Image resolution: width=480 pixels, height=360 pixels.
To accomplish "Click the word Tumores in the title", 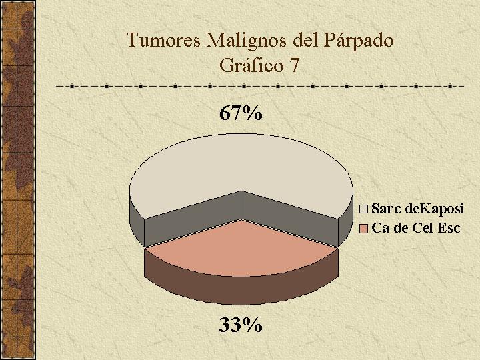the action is tap(164, 40).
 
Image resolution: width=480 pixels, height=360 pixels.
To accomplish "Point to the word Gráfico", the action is tap(251, 65).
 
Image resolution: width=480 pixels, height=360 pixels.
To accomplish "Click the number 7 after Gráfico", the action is tap(293, 65).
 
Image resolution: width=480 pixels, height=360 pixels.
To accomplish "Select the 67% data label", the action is tap(241, 113).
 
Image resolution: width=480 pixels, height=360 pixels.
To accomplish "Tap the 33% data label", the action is tap(241, 325).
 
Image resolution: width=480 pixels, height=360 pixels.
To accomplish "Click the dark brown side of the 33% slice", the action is tap(241, 289).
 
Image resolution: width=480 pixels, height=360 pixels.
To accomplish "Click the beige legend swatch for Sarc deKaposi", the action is tap(363, 209).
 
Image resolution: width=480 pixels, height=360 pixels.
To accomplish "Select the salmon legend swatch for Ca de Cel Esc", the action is tap(363, 229).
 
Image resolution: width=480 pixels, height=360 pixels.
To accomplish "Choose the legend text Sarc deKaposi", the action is tap(417, 209).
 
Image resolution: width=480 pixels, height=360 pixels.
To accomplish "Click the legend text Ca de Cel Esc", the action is tap(416, 229).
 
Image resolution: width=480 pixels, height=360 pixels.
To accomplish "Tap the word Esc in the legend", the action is tap(449, 229).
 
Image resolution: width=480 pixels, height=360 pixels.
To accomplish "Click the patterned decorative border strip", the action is tap(17, 180).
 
